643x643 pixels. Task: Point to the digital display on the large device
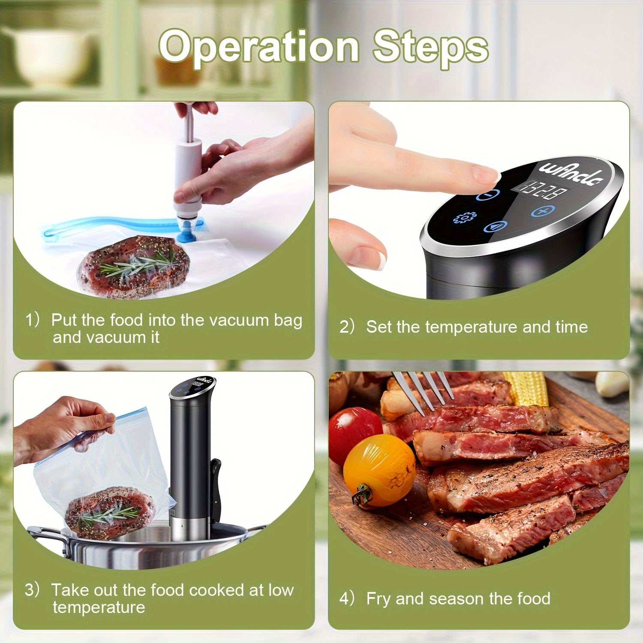pos(542,190)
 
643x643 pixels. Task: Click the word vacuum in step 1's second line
pos(114,337)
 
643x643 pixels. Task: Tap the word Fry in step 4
pos(379,599)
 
